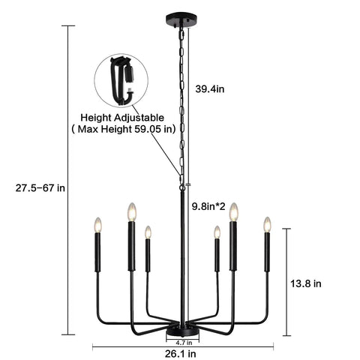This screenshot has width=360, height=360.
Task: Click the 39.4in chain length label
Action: click(210, 88)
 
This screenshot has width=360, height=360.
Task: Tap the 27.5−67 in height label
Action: click(40, 187)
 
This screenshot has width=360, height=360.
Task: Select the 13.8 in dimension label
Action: click(306, 283)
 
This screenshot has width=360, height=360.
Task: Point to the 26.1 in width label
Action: click(181, 353)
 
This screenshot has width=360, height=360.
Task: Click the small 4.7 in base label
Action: click(183, 342)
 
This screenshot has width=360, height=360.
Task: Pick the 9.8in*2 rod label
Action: click(208, 206)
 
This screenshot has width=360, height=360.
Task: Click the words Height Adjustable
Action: click(122, 118)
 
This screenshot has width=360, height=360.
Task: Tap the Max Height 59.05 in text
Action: click(124, 129)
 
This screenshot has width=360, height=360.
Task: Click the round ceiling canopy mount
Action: click(181, 19)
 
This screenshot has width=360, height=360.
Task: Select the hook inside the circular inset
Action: click(122, 81)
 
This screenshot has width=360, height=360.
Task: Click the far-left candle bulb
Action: click(97, 225)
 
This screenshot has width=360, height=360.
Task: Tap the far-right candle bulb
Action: click(267, 224)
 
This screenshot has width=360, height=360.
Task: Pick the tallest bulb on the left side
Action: click(132, 211)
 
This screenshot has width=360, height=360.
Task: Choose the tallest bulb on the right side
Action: click(234, 211)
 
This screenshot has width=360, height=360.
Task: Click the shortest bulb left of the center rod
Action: click(148, 232)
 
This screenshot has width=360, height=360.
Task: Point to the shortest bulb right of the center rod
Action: click(217, 232)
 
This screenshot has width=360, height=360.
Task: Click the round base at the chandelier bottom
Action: click(183, 332)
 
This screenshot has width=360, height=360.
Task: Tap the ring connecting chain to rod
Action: click(182, 187)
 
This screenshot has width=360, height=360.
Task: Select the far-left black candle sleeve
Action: click(97, 252)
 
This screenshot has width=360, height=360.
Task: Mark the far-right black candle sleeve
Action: click(267, 252)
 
